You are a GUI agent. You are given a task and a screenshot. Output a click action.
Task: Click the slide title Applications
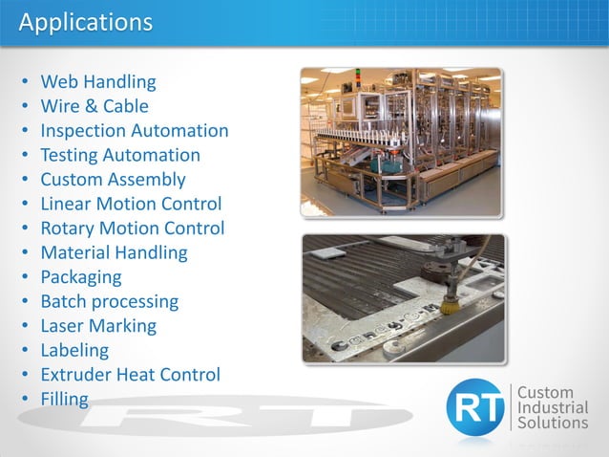click(x=85, y=22)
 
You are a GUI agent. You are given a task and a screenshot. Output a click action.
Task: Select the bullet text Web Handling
click(x=97, y=82)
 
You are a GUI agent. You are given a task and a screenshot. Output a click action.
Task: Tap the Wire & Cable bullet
click(x=94, y=106)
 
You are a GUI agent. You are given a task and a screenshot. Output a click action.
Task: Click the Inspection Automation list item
click(x=134, y=131)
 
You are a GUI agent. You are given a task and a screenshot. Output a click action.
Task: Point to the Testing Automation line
click(x=119, y=155)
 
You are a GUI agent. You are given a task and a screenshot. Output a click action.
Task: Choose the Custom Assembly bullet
click(x=113, y=180)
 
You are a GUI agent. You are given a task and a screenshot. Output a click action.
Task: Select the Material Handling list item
click(x=114, y=252)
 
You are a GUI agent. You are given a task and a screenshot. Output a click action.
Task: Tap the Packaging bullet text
click(x=80, y=277)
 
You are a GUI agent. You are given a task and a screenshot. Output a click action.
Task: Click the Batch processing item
click(x=109, y=301)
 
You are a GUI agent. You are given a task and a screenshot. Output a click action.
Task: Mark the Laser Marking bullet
click(x=97, y=326)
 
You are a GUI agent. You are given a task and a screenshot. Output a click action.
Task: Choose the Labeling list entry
click(x=74, y=350)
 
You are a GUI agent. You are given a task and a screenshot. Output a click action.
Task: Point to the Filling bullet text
click(x=64, y=399)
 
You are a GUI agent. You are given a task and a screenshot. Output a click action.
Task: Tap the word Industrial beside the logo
click(x=554, y=407)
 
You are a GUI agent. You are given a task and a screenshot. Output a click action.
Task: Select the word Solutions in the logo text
click(x=553, y=423)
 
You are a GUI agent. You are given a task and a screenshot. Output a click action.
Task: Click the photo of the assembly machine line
click(x=401, y=141)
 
